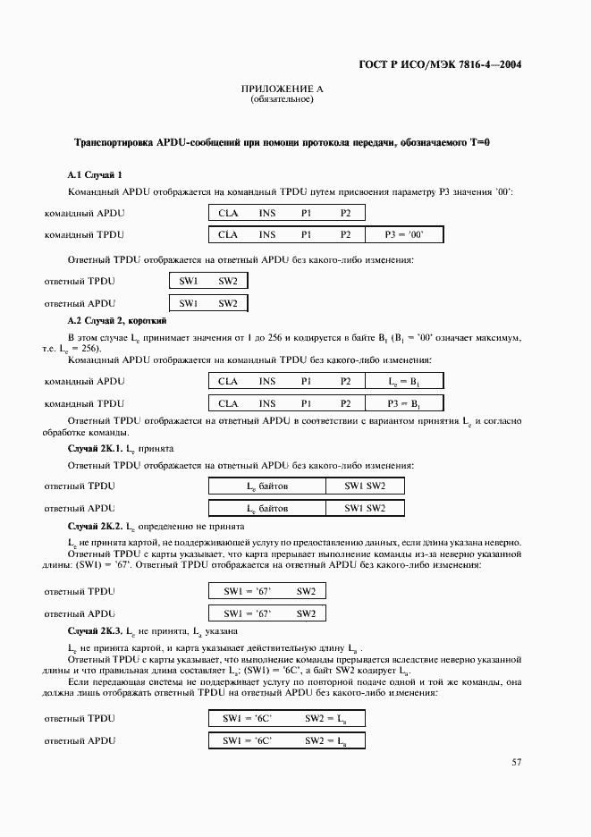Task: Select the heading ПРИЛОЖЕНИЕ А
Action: (x=282, y=89)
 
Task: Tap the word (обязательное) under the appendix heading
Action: (x=282, y=99)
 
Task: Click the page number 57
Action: (x=516, y=762)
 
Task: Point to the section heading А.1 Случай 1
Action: (x=96, y=174)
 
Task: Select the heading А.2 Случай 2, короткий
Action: (x=117, y=319)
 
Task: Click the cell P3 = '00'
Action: (x=403, y=235)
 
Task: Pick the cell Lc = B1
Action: (x=403, y=382)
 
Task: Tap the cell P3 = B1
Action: (x=403, y=403)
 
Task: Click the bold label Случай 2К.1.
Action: (x=95, y=446)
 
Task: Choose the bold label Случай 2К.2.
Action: (x=95, y=528)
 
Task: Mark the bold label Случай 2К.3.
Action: (x=95, y=632)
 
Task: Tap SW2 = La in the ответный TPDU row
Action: (x=325, y=718)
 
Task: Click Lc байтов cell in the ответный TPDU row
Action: (x=267, y=486)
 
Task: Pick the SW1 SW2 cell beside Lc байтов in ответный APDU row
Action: (x=365, y=508)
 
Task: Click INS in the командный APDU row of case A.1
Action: (x=267, y=214)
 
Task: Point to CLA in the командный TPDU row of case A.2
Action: (x=228, y=403)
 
